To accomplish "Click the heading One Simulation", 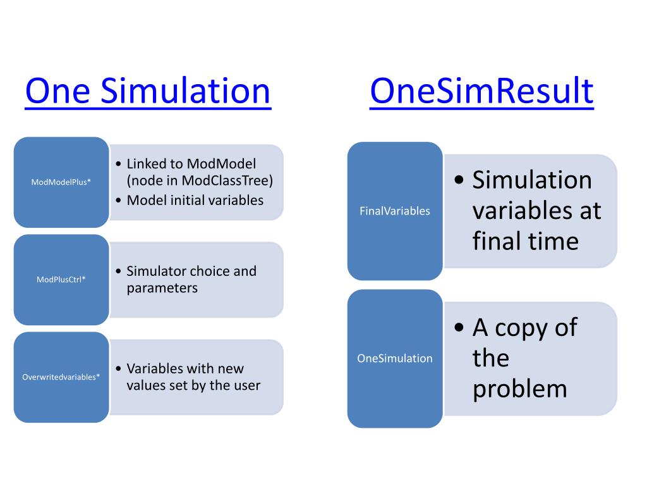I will coord(147,91).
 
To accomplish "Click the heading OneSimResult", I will coord(481,91).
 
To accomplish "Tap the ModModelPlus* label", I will coord(61,182).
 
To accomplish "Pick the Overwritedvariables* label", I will coord(61,377).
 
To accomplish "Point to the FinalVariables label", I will coord(395,211).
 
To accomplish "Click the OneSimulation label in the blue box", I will coord(395,358).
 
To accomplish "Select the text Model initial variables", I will coord(195,201).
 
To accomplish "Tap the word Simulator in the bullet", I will coord(153,271).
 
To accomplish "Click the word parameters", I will coord(162,288).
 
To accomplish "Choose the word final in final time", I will coord(494,241).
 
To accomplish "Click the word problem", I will coord(519,389).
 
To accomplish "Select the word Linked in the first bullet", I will coord(146,164).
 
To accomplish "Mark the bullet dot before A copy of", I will coord(460,328).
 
